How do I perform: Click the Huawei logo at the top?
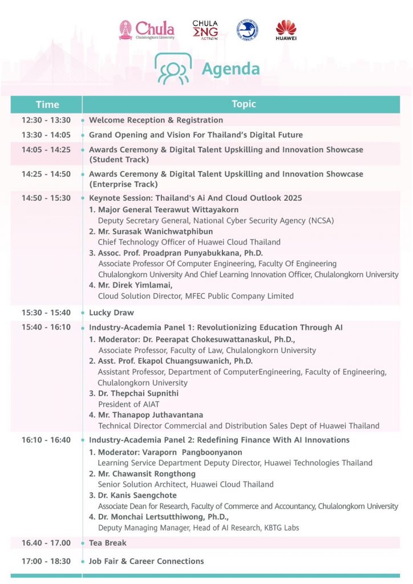(x=286, y=30)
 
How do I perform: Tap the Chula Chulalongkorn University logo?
(x=147, y=30)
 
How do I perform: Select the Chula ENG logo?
(x=205, y=30)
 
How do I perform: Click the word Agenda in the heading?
(x=231, y=69)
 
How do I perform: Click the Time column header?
(x=47, y=104)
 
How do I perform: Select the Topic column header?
(x=244, y=104)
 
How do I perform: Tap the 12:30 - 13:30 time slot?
(x=46, y=120)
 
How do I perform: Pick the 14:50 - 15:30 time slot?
(x=46, y=198)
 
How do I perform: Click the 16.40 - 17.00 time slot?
(x=46, y=543)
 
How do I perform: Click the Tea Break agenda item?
(x=108, y=543)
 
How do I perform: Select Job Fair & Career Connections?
(x=147, y=561)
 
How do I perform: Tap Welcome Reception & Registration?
(x=156, y=120)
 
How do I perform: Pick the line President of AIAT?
(x=129, y=404)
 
